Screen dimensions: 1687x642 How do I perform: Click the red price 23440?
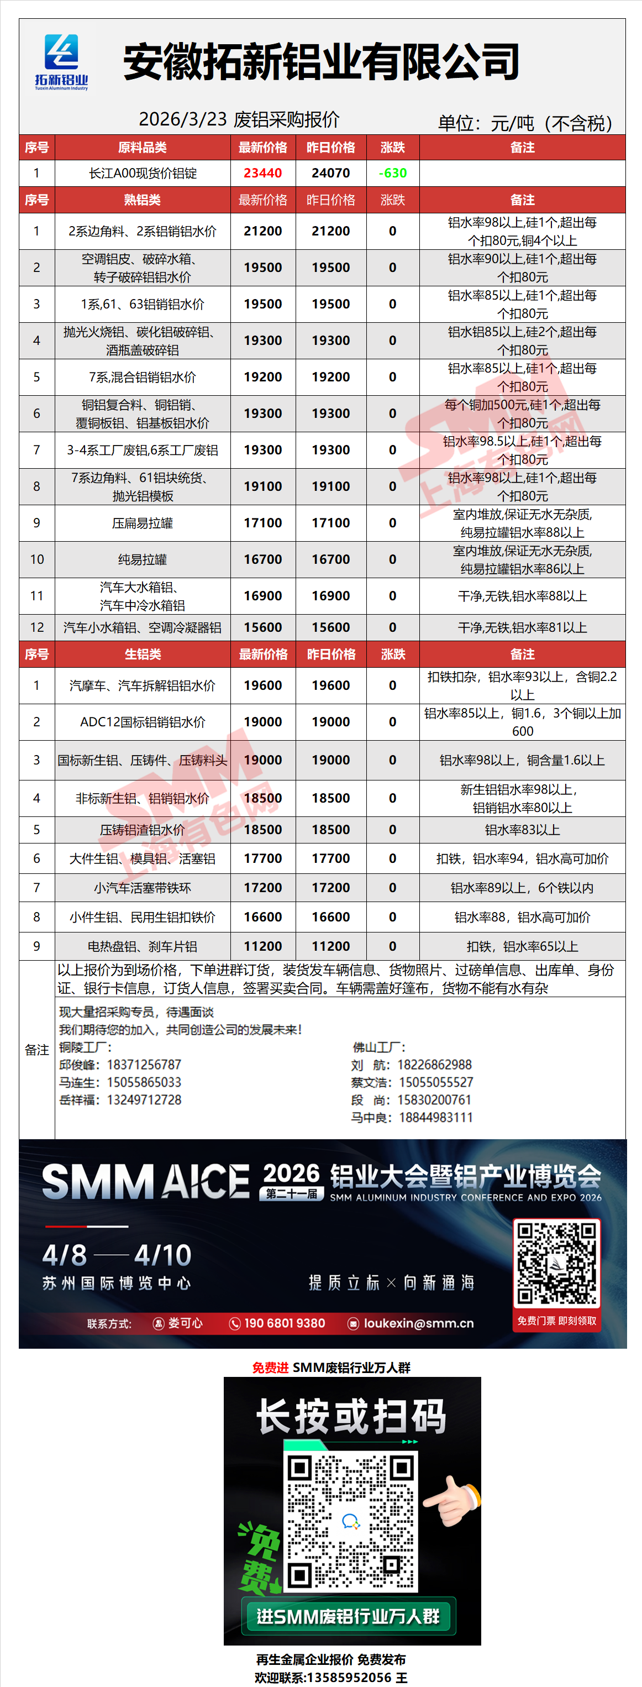(262, 173)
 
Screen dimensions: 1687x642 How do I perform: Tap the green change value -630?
(393, 173)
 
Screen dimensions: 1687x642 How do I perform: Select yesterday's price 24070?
(330, 173)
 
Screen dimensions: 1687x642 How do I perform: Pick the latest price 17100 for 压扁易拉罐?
(262, 522)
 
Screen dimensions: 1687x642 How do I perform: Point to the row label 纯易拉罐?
(142, 559)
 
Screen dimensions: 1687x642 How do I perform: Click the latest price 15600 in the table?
(262, 627)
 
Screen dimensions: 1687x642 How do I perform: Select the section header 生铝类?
(142, 654)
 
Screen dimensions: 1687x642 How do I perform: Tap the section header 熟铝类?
(142, 200)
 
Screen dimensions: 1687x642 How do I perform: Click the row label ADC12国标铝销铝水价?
(142, 722)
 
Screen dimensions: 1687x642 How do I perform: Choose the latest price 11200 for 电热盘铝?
(262, 946)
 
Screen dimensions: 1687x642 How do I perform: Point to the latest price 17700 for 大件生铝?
(262, 858)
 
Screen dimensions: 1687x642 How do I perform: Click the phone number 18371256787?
(144, 1065)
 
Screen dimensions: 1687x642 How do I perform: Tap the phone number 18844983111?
(435, 1117)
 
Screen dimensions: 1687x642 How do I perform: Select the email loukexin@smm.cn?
(418, 1323)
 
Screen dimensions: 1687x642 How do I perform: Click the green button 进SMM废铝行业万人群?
(348, 1616)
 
